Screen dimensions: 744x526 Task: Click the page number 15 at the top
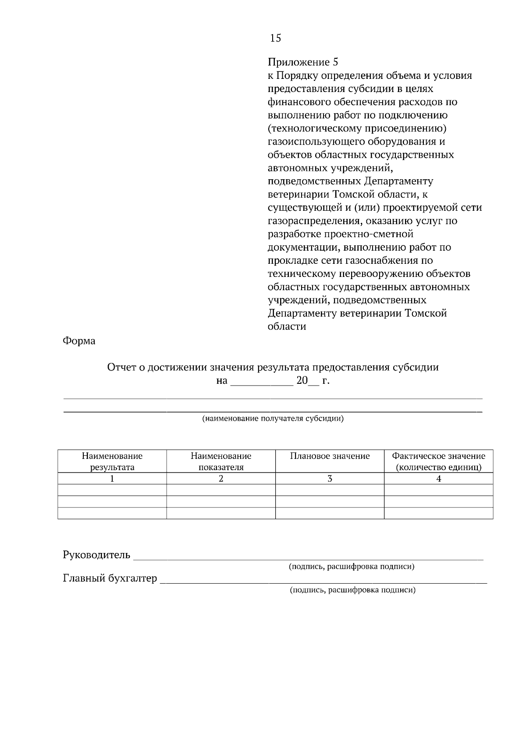[x=275, y=39]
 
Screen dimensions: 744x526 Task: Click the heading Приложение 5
[x=303, y=62]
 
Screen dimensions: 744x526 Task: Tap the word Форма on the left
[x=79, y=340]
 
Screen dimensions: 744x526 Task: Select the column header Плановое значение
[x=330, y=456]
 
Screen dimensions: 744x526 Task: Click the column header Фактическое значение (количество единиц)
[x=438, y=461]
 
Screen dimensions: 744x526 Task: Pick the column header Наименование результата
[x=112, y=461]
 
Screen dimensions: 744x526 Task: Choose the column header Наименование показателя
[x=221, y=461]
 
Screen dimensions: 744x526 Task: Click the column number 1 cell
[x=112, y=478]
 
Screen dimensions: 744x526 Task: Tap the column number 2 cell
[x=221, y=478]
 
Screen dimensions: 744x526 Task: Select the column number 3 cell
[x=330, y=478]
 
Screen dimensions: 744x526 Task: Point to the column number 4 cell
[x=438, y=478]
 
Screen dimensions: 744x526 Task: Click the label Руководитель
[x=97, y=555]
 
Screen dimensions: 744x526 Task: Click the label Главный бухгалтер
[x=110, y=578]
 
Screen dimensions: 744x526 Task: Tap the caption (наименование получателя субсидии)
[x=273, y=418]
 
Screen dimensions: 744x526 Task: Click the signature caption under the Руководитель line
[x=352, y=567]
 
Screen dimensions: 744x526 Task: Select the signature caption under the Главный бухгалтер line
[x=352, y=590]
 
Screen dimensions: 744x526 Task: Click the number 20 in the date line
[x=302, y=380]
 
